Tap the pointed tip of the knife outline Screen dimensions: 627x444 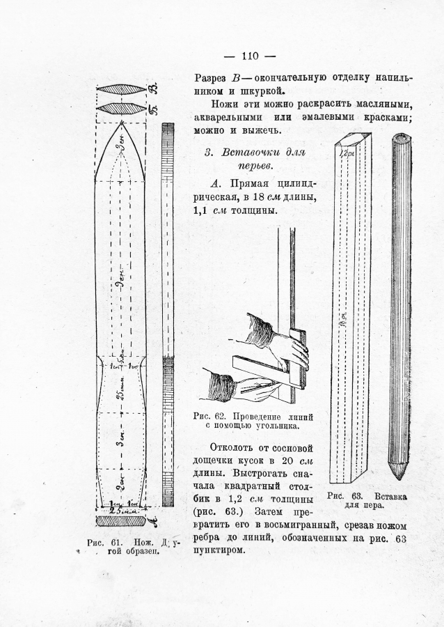[122, 123]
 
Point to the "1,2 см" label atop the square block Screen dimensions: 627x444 [346, 150]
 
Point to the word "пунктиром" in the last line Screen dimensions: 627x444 [219, 550]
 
